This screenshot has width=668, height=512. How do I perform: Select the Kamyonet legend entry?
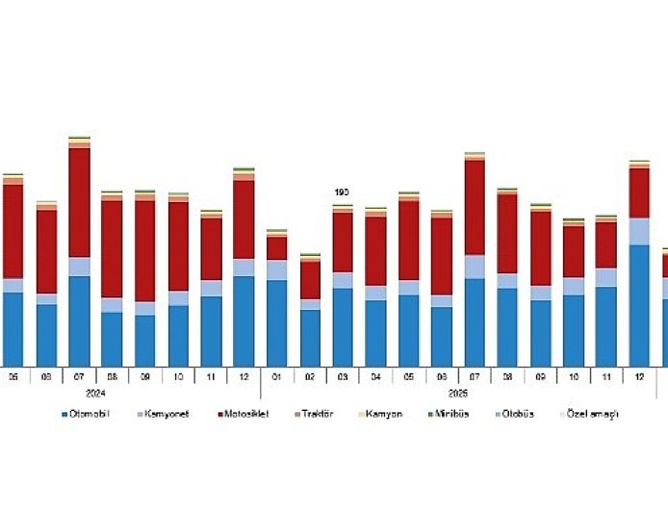point(167,414)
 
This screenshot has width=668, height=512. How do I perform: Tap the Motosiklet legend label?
point(244,414)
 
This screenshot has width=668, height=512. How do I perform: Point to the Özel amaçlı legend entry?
point(592,414)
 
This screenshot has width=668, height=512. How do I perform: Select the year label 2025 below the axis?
point(457,393)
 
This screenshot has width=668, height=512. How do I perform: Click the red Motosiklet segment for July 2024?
point(79,202)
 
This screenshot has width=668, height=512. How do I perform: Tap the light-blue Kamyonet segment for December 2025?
point(639,231)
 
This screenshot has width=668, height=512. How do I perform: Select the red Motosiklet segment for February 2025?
point(310,279)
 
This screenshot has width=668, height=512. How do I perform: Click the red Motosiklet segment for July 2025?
point(475,207)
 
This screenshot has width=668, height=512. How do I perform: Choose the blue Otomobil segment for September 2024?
point(145,341)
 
